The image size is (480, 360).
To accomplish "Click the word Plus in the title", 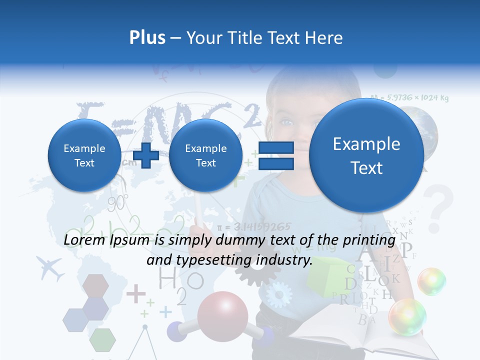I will (x=147, y=38).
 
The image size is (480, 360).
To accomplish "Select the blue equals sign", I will (x=275, y=155).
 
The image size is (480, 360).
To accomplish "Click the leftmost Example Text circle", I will (x=84, y=155).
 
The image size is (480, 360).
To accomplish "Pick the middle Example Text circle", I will (x=205, y=155).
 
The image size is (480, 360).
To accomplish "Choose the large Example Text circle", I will (x=366, y=155).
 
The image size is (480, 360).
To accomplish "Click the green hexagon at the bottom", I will (x=103, y=339).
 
